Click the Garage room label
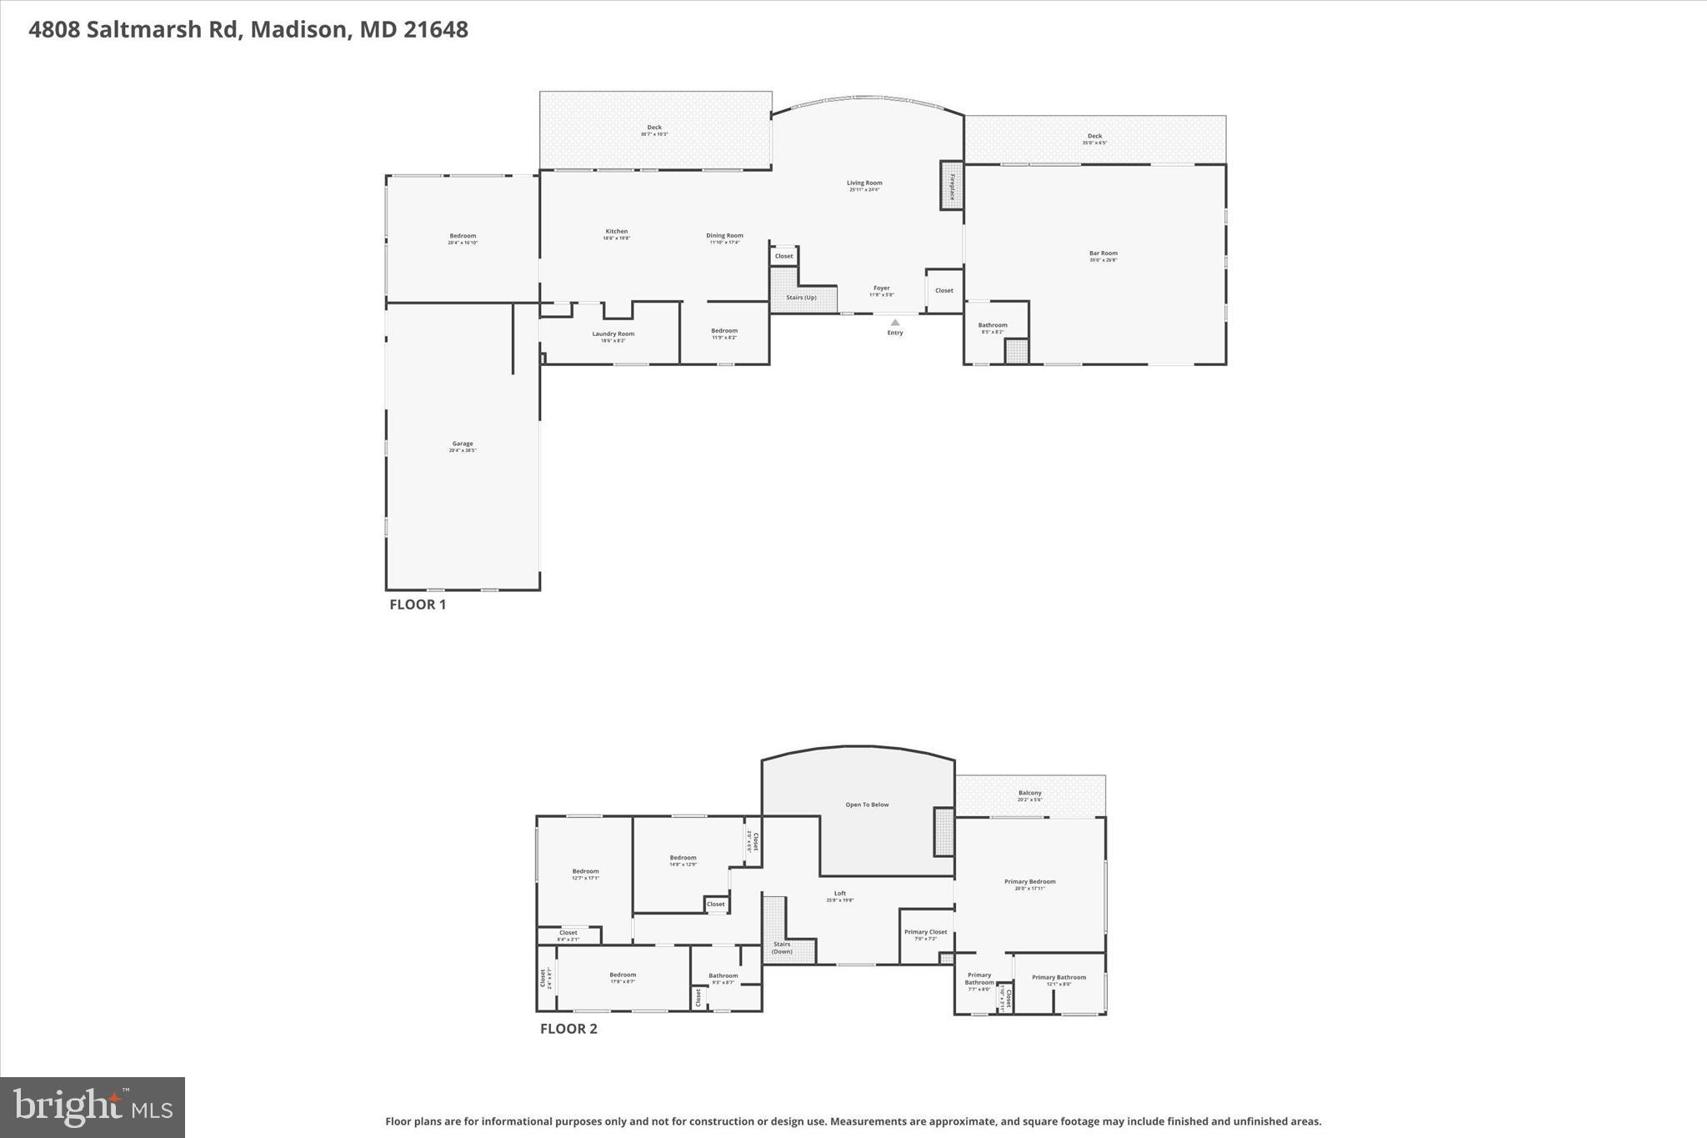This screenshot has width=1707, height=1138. (463, 444)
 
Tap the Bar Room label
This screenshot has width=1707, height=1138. (1103, 253)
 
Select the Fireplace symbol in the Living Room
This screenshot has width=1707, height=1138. (951, 185)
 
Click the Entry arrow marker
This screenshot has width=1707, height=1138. (894, 323)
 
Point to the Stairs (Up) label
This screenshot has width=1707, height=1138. (801, 298)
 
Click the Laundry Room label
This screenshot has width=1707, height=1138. (613, 334)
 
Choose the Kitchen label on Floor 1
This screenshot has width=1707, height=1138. (617, 232)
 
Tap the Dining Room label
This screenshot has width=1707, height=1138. (724, 236)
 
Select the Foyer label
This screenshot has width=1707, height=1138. (882, 288)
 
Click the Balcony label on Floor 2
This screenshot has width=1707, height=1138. (1029, 794)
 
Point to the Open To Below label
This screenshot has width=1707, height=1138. (867, 805)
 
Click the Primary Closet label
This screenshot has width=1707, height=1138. (925, 933)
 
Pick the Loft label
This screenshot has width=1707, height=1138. (840, 894)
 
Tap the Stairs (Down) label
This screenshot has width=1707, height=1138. (782, 948)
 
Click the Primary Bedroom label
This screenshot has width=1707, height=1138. (1029, 882)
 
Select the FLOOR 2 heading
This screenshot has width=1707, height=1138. (568, 1029)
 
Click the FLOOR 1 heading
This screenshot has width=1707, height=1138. (418, 605)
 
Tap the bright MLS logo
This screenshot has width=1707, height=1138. (93, 1107)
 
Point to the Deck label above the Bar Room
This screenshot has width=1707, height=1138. (1094, 137)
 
